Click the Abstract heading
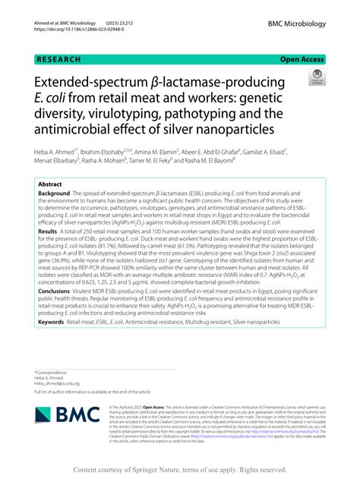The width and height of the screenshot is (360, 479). click(x=50, y=184)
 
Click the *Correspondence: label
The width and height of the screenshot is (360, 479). click(x=52, y=373)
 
